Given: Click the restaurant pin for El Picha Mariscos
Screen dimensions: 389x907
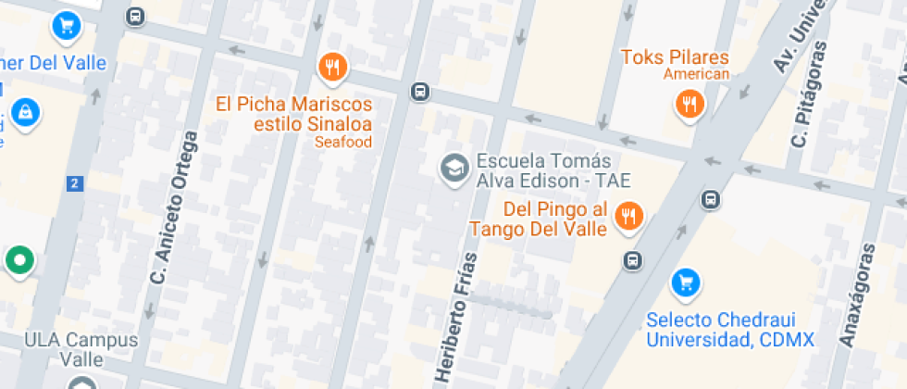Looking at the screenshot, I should click(332, 67).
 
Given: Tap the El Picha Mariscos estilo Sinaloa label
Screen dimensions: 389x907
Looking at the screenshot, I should click(294, 114).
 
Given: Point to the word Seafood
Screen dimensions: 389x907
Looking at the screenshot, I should click(342, 143).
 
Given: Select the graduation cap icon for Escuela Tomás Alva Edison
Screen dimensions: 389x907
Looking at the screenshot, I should click(453, 169).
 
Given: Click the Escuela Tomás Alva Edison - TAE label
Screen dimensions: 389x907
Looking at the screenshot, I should click(553, 170).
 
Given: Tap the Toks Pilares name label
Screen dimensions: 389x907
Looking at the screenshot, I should click(675, 57).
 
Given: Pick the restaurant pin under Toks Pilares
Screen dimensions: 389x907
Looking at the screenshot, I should click(689, 104).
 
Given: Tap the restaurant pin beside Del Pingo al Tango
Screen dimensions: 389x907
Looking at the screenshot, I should click(629, 217).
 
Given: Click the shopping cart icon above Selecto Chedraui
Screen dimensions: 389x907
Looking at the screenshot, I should click(685, 282).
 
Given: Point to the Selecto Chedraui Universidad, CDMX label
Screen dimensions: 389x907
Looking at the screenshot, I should click(730, 330).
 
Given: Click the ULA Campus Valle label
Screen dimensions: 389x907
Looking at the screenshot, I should click(81, 349).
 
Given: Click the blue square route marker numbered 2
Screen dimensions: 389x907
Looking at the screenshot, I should click(75, 183).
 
